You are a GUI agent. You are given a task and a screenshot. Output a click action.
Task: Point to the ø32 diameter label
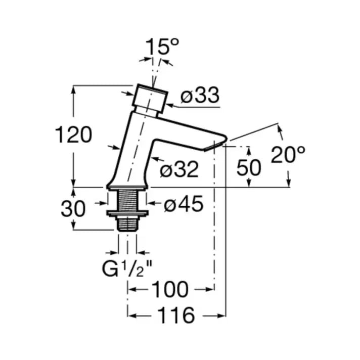(x=179, y=170)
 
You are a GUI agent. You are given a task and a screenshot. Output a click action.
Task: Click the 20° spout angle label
(x=288, y=154)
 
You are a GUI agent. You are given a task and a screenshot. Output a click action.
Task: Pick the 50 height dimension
(x=249, y=167)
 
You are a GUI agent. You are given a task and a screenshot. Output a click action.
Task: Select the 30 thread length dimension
(x=73, y=208)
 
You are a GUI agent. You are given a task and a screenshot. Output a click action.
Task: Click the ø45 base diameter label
(x=184, y=204)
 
